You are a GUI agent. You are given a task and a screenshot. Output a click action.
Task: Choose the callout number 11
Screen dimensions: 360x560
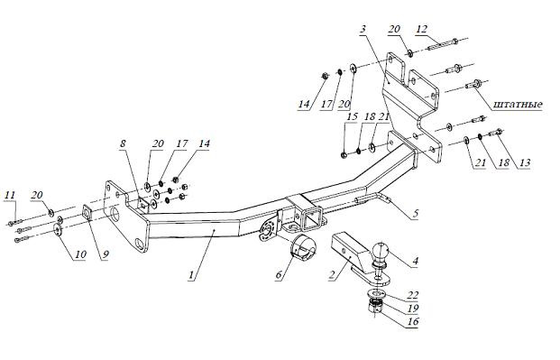10,195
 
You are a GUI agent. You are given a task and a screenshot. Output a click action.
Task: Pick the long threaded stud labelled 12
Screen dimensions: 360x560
442,42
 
